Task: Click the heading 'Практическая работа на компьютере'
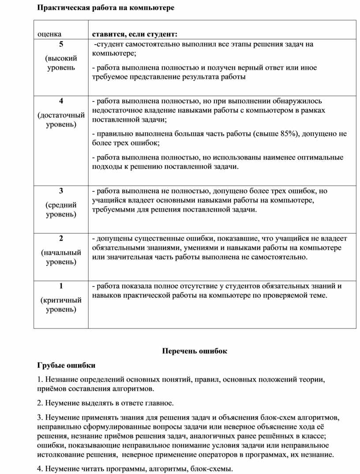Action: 105,8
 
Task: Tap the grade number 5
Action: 61,44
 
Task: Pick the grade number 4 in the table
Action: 61,101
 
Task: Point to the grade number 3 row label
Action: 61,191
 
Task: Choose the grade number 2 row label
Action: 61,239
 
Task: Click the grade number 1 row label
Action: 61,286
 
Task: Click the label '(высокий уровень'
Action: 61,63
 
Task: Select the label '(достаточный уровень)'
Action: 61,119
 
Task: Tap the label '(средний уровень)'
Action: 61,209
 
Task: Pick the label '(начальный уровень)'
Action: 61,258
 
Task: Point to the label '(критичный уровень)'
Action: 61,305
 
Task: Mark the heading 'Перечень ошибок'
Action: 194,351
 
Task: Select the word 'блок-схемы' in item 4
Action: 213,469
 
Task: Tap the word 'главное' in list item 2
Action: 161,403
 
